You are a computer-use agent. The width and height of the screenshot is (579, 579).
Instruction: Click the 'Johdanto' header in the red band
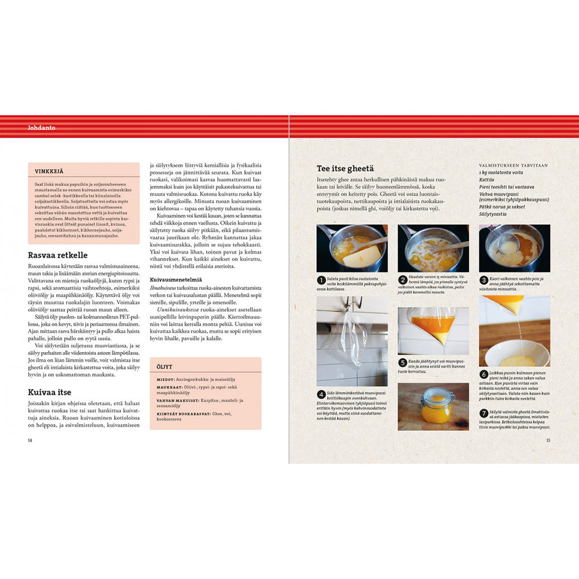pyautogui.click(x=41, y=128)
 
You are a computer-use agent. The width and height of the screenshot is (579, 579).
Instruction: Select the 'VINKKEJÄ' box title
pyautogui.click(x=48, y=171)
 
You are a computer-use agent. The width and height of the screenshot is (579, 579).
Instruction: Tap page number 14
pyautogui.click(x=31, y=440)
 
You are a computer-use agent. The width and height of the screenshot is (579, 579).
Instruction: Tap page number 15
pyautogui.click(x=548, y=440)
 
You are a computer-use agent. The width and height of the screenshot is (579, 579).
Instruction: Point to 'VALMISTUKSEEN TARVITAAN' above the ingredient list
pyautogui.click(x=512, y=165)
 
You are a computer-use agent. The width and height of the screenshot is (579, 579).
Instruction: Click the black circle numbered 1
pyautogui.click(x=321, y=280)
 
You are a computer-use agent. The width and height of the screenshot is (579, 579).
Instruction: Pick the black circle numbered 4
pyautogui.click(x=321, y=394)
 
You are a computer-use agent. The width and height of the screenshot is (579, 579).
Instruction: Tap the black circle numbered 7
pyautogui.click(x=484, y=413)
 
